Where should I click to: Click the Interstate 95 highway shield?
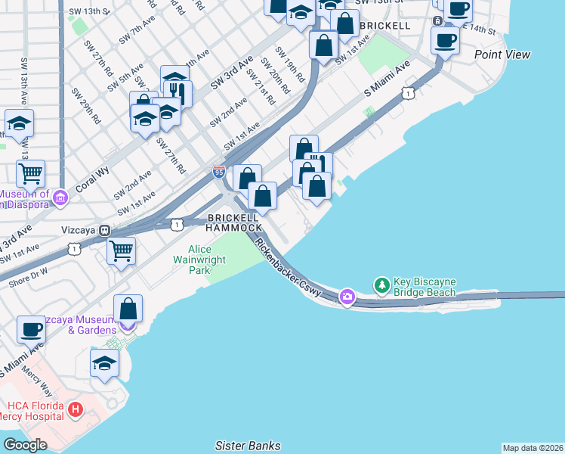(x=218, y=173)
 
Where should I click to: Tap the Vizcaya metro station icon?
(x=105, y=230)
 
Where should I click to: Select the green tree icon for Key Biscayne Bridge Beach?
(x=382, y=285)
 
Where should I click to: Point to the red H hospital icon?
(x=75, y=411)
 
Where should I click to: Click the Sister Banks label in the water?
(x=248, y=446)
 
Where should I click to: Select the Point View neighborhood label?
(x=502, y=54)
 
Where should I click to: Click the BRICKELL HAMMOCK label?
(x=234, y=222)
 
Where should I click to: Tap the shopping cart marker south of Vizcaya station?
(x=121, y=250)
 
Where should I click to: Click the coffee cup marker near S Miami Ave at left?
(x=31, y=329)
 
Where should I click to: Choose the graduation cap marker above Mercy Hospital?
(x=104, y=363)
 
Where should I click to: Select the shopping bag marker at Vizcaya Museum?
(x=128, y=308)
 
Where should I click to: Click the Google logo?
(x=25, y=445)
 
